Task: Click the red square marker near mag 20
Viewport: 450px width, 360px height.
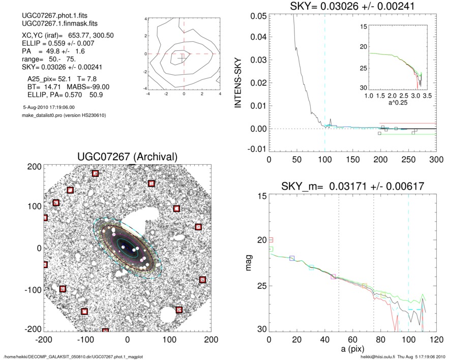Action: [271, 239]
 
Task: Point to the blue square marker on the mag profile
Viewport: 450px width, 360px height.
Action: [292, 258]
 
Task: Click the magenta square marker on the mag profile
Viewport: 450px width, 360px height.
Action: [333, 277]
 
